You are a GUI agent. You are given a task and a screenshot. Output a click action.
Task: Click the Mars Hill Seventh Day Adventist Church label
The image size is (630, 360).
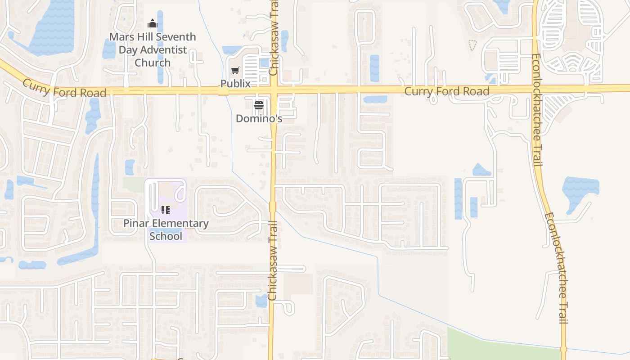153,49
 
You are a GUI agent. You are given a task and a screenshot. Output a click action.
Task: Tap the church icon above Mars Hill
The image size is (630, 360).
153,23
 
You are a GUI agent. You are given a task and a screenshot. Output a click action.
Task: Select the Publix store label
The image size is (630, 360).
235,84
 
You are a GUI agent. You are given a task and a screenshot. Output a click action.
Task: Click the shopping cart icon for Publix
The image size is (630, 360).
235,70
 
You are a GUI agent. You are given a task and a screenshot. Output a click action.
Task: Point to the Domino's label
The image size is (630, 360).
259,118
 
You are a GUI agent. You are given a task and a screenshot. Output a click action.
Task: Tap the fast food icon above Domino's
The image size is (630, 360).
259,105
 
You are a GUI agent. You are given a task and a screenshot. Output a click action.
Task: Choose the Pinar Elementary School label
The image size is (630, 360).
166,229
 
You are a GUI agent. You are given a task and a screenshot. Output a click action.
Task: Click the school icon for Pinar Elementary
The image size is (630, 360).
166,210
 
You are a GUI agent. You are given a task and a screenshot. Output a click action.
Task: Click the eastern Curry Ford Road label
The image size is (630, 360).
446,91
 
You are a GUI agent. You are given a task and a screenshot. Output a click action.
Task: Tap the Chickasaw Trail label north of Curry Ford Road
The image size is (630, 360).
274,38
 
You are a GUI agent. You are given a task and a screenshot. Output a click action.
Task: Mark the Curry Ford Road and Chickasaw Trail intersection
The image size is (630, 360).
274,90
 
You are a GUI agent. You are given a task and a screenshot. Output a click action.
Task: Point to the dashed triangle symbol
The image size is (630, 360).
472,45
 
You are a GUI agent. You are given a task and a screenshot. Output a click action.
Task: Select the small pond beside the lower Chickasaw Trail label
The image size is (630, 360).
261,301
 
